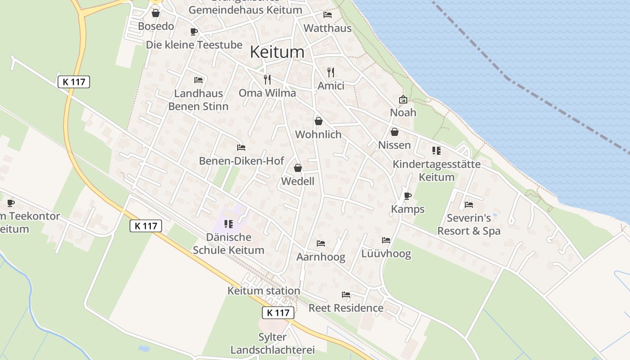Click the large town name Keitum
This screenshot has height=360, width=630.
tap(277, 52)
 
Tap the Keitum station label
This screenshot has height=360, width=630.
tap(264, 291)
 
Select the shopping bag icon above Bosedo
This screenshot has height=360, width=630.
tap(156, 13)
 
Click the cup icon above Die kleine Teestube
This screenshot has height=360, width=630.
tap(194, 31)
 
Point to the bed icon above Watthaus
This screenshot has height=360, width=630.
tap(328, 15)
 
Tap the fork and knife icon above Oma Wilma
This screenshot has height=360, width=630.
tap(267, 80)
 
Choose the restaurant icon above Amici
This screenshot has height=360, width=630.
tap(331, 72)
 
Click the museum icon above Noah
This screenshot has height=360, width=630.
tap(403, 99)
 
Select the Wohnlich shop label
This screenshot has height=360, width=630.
tap(318, 134)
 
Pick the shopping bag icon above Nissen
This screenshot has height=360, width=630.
tap(394, 132)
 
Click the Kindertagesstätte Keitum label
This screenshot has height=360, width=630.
tap(436, 171)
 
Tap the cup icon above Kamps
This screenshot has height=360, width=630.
tap(408, 196)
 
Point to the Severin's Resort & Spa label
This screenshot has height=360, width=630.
tap(469, 225)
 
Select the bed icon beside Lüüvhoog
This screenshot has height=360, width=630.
tap(386, 240)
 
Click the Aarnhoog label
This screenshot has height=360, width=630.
tap(321, 257)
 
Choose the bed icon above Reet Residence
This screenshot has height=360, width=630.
tap(346, 295)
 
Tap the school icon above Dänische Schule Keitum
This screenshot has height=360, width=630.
tap(228, 224)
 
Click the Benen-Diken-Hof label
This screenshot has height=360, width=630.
tap(242, 161)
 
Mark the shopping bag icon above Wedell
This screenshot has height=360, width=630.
tap(297, 168)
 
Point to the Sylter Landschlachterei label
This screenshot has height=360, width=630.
tap(272, 343)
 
